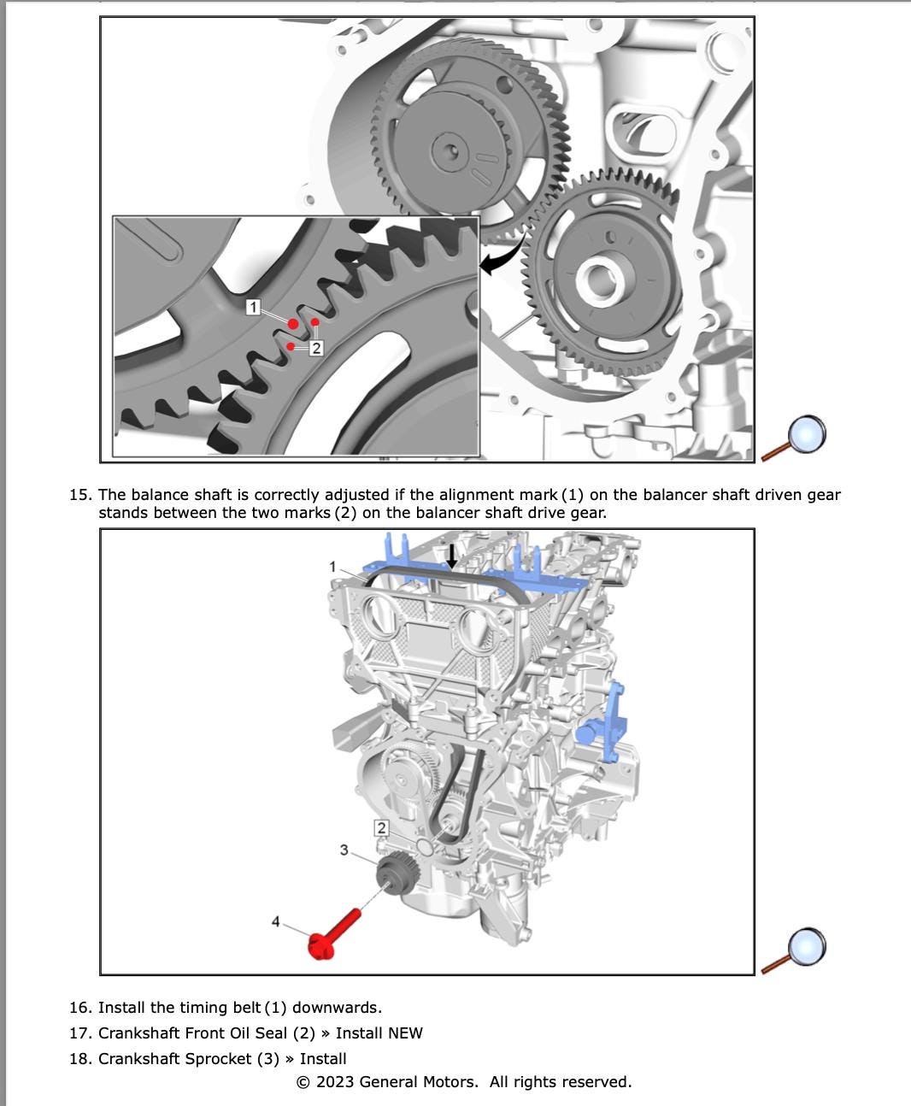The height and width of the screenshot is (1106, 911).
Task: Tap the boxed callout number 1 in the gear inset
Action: [253, 306]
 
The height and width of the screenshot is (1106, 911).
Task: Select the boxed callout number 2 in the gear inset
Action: [316, 348]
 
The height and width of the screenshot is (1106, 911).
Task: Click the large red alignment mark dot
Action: [294, 324]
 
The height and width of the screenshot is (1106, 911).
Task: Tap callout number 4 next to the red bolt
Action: [275, 921]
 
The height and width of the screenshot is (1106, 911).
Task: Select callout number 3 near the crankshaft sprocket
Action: [344, 850]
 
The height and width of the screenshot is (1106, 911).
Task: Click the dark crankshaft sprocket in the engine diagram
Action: [394, 877]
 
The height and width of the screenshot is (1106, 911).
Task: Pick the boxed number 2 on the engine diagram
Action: [381, 827]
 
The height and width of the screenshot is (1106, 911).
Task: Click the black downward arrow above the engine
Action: [452, 556]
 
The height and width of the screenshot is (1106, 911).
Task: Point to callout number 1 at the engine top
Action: [333, 566]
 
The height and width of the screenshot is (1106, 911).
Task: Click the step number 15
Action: [80, 495]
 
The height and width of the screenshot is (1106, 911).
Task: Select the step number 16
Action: [80, 1008]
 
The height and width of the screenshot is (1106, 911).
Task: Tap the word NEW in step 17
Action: [405, 1033]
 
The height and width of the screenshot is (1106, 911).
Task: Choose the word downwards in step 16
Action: [337, 1008]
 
